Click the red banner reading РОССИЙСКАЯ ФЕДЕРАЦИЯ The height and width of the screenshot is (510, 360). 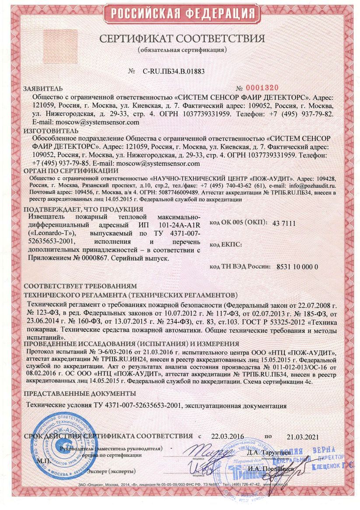(180, 14)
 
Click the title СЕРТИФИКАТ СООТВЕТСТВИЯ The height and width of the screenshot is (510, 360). (182, 39)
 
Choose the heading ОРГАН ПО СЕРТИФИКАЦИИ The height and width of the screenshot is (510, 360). (71, 171)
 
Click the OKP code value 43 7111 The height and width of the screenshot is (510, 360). (284, 224)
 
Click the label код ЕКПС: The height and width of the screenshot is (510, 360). (226, 245)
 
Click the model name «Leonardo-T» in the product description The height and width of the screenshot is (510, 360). (52, 233)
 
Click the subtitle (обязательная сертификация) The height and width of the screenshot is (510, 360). (182, 49)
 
